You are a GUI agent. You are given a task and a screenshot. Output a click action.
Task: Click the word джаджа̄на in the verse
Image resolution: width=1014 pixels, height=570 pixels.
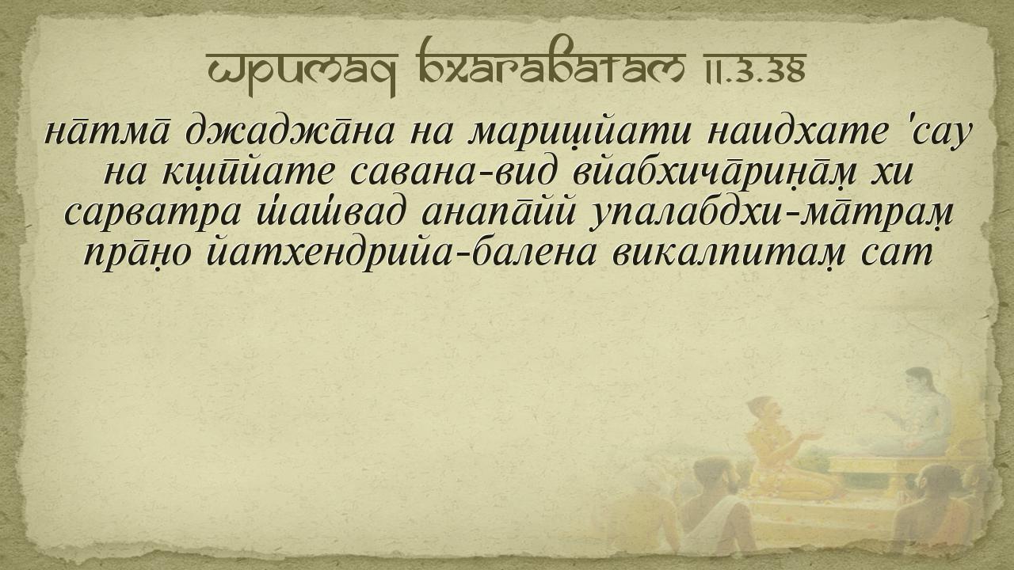[290, 132]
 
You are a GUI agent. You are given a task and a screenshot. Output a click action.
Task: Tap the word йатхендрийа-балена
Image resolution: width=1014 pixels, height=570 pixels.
[401, 254]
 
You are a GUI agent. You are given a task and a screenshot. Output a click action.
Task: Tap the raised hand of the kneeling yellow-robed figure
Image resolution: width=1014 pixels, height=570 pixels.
[810, 436]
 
